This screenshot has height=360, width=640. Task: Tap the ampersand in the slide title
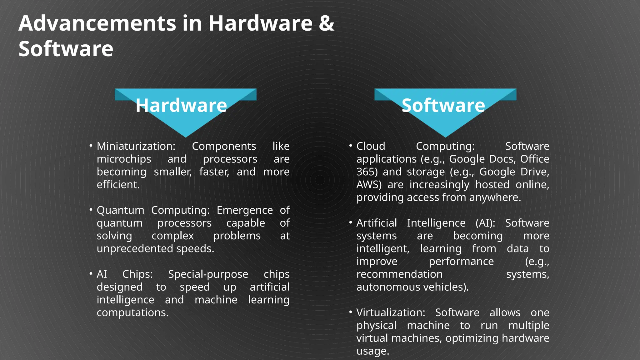327,23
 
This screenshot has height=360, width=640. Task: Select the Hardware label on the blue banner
181,105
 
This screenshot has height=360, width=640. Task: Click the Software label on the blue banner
443,105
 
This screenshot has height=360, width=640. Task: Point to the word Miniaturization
136,146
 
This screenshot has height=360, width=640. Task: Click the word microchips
124,159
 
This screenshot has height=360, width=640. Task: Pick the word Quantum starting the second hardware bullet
120,210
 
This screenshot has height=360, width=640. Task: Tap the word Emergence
245,210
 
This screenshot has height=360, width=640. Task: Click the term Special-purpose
208,274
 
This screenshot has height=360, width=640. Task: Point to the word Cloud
371,146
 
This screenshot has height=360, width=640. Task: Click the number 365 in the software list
365,172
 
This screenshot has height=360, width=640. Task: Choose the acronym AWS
367,185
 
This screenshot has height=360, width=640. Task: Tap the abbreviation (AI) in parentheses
485,223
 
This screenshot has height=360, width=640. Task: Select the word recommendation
399,274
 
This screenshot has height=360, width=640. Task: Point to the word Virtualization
391,312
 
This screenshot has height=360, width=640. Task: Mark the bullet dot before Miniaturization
91,146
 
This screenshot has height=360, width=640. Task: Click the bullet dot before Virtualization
351,312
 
